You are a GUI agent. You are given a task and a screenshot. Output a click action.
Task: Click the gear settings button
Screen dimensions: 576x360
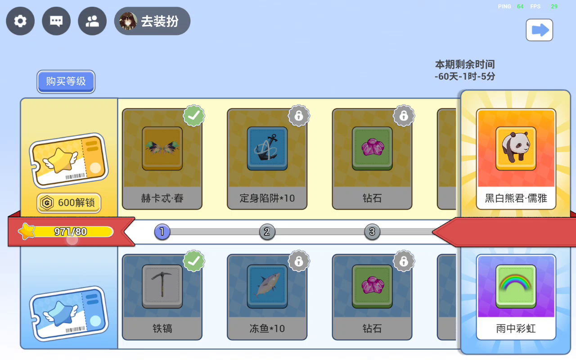pos(20,21)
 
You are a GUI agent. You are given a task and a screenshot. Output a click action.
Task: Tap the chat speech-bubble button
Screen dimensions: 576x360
pos(56,21)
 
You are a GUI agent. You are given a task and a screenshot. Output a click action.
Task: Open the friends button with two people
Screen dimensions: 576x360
pos(92,21)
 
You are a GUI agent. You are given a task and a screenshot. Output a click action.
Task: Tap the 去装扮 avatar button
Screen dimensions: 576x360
pos(152,21)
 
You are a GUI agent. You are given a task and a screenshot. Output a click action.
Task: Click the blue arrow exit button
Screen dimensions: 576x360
pos(539,30)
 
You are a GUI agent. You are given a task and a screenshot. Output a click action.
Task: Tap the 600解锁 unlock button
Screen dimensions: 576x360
pos(69,202)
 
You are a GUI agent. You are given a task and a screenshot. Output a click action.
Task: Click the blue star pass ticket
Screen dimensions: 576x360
pos(69,314)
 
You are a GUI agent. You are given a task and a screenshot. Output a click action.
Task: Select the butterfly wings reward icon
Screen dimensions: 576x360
pos(162,148)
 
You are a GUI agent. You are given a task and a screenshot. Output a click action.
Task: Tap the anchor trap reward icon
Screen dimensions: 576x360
pos(267,148)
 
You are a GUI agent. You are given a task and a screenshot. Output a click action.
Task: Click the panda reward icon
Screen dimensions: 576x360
pos(516,148)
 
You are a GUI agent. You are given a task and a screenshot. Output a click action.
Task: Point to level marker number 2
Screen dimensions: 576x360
pos(267,232)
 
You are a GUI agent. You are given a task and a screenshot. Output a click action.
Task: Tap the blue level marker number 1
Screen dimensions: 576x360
pos(162,232)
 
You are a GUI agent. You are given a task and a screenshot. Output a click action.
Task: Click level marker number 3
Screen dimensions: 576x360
pos(372,232)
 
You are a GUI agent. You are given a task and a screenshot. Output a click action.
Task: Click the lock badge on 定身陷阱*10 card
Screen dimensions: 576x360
pos(299,116)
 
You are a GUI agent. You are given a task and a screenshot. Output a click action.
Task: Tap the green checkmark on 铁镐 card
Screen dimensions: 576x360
pos(194,261)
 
